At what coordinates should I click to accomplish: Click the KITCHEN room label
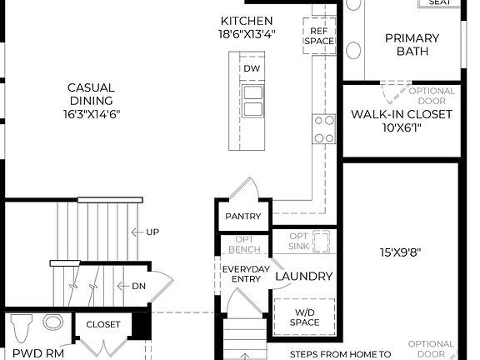pos(247,21)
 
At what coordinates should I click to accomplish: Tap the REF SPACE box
pos(318,35)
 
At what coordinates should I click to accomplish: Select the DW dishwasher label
pos(252,68)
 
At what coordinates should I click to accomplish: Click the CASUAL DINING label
pos(91,93)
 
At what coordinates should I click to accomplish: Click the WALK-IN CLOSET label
pos(402,114)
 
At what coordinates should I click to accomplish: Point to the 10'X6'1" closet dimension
pos(402,128)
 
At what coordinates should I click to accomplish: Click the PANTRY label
pos(243,217)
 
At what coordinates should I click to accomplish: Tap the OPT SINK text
pos(300,242)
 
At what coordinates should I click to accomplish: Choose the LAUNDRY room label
pos(304,277)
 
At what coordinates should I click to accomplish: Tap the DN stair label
pos(138,286)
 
